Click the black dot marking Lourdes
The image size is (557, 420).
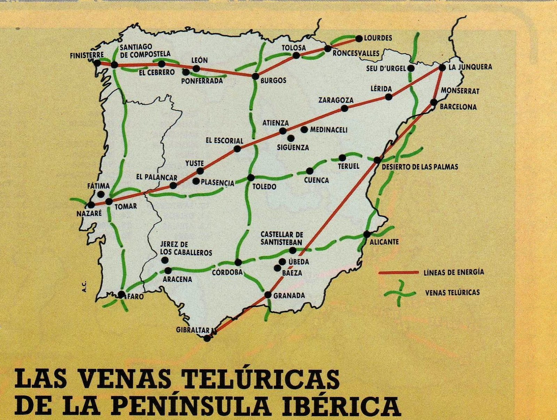359,38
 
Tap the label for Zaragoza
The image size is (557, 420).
336,100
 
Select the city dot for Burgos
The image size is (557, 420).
256,76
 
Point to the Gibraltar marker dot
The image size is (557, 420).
207,338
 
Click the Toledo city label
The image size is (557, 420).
264,187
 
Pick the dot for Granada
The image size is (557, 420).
268,295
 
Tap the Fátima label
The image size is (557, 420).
99,186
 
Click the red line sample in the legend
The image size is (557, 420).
398,272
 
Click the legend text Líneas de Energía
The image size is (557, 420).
454,272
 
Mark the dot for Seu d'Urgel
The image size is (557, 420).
411,68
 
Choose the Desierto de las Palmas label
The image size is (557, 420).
420,167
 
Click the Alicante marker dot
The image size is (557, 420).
367,234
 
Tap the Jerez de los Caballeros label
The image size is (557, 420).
186,249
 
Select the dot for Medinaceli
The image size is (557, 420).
304,129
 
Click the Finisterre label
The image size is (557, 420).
87,55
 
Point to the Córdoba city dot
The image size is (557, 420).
238,262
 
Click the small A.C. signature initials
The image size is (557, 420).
84,287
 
